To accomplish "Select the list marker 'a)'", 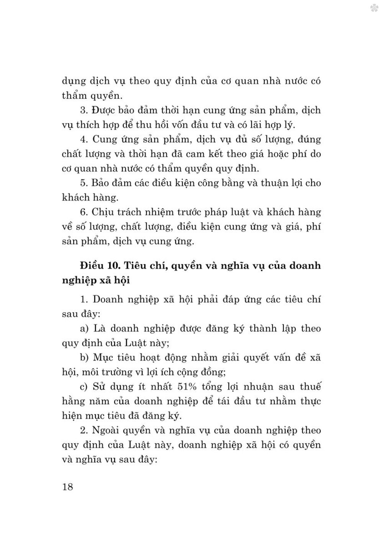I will pyautogui.click(x=85, y=329).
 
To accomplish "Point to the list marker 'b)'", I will pyautogui.click(x=85, y=357).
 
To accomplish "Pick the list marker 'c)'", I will pyautogui.click(x=84, y=386).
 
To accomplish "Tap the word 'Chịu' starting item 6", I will pyautogui.click(x=104, y=212).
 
